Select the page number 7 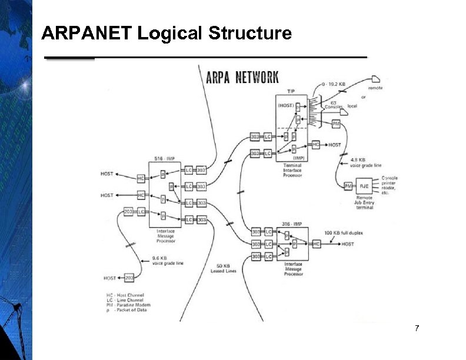point(417,328)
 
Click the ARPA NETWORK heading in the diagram point(242,77)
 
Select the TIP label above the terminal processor point(291,92)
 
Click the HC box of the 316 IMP point(316,244)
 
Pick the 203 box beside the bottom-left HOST point(129,278)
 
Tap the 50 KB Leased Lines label point(224,268)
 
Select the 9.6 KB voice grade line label point(167,261)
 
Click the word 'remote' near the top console point(375,88)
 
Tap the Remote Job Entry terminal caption point(364,202)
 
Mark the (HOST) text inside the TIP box point(287,105)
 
